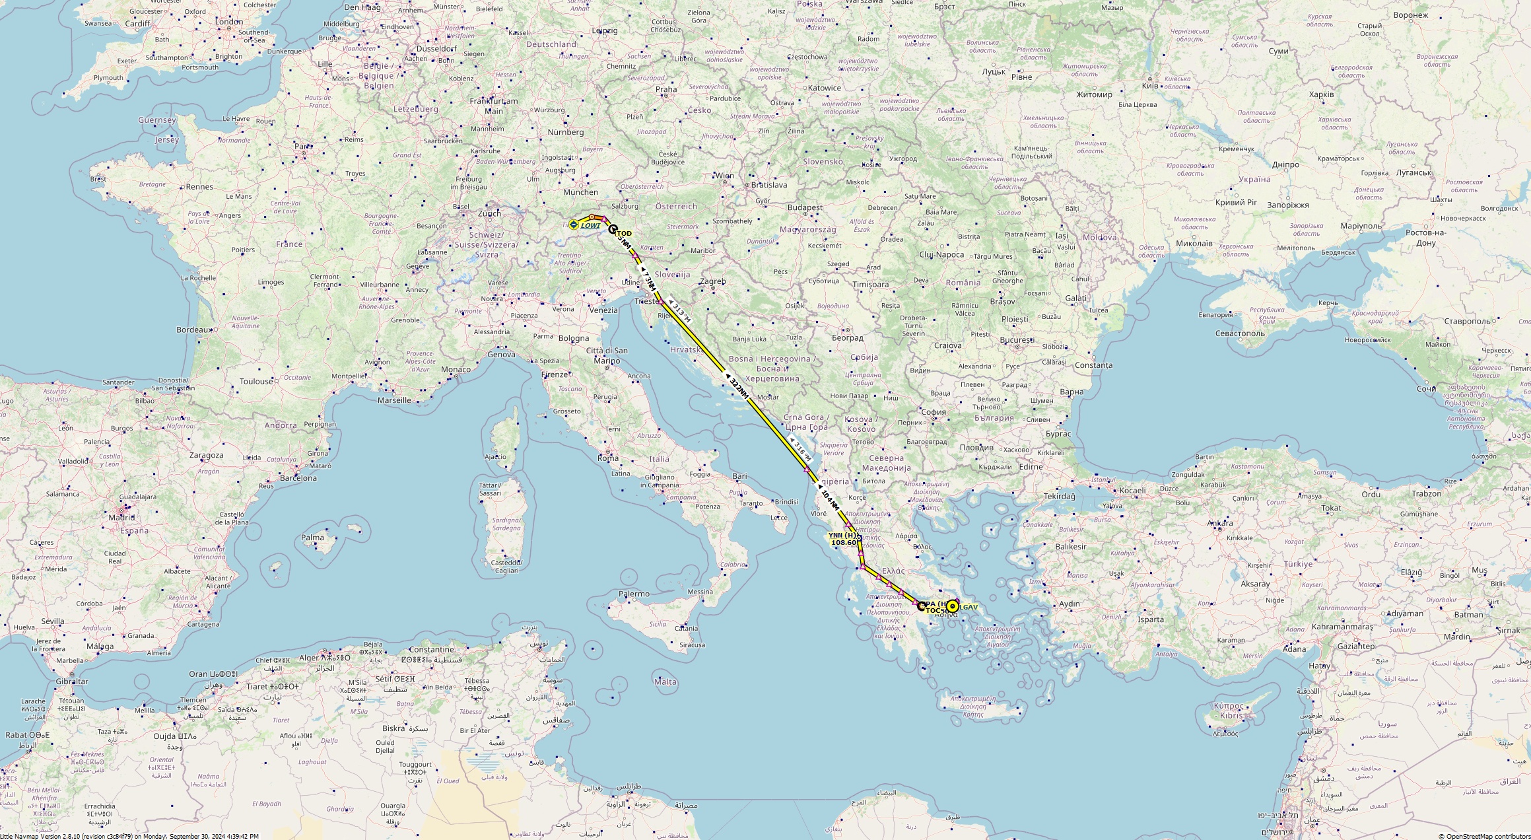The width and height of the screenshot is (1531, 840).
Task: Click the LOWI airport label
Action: (x=590, y=226)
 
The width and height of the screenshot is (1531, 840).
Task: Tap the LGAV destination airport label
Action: (x=969, y=607)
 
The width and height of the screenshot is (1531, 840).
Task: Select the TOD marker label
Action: (x=623, y=234)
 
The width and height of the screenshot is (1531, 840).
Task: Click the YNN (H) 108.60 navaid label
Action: (x=843, y=539)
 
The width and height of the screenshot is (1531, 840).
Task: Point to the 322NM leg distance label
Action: (x=739, y=388)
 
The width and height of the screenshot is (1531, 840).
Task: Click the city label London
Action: (x=229, y=21)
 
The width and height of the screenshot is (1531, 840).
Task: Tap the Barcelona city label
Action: (x=298, y=478)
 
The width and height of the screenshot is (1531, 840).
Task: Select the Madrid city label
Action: (x=121, y=518)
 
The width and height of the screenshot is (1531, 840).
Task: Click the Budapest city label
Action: (x=805, y=207)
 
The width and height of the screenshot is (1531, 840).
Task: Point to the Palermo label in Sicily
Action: (x=634, y=594)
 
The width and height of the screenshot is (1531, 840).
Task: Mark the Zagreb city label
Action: (x=712, y=281)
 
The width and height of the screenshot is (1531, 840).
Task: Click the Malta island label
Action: (x=665, y=682)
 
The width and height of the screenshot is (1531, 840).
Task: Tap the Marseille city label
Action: (x=394, y=400)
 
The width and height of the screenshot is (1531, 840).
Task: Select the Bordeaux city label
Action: (x=193, y=330)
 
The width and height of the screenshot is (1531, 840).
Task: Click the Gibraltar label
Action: (x=71, y=682)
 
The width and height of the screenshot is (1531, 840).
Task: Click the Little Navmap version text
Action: (x=129, y=836)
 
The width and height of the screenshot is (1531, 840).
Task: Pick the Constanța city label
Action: (x=1093, y=365)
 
